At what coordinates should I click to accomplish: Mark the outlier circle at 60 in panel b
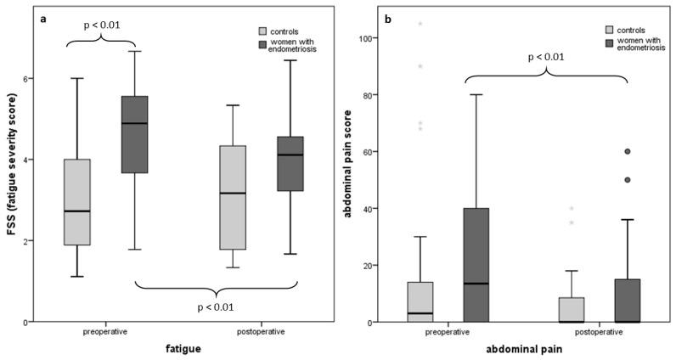click(628, 152)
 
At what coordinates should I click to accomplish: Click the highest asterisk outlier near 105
click(419, 24)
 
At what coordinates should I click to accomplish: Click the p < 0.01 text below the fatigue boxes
click(216, 307)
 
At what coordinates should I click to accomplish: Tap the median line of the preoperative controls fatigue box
click(77, 211)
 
